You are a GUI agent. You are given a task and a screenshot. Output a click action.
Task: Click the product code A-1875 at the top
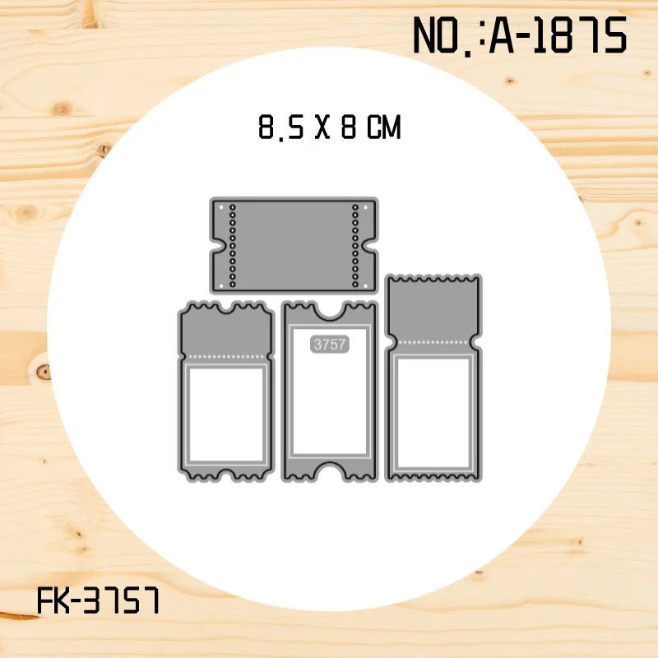(x=558, y=35)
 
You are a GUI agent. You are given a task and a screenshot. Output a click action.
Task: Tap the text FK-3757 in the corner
(x=99, y=600)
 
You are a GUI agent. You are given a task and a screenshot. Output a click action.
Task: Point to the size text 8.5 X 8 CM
(x=330, y=127)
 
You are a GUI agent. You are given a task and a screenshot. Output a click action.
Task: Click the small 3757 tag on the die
(x=330, y=344)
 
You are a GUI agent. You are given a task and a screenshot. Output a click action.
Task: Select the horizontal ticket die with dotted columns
(x=294, y=245)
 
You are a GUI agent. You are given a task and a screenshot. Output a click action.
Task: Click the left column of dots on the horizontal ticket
(x=233, y=246)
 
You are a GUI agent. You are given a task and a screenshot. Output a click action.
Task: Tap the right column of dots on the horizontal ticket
(x=355, y=246)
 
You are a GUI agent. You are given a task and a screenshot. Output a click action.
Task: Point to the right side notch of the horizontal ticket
(x=371, y=246)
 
